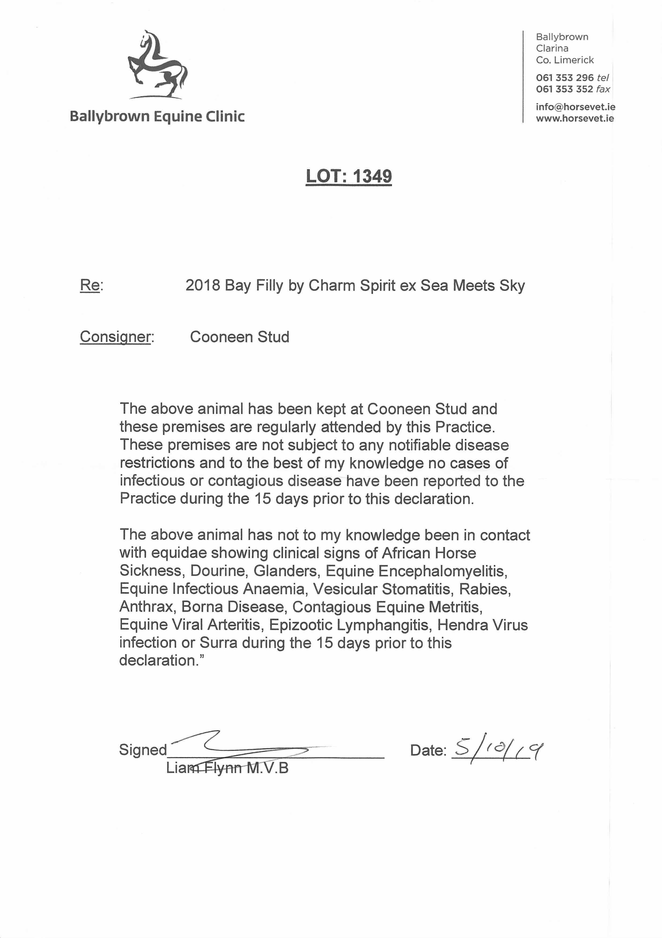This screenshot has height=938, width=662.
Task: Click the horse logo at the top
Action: [157, 64]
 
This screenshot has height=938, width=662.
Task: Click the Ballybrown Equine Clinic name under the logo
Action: [157, 116]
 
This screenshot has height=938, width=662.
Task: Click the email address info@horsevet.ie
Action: [575, 107]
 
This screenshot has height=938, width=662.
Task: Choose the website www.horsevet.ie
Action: [575, 118]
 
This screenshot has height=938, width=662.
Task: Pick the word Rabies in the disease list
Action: [485, 589]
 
